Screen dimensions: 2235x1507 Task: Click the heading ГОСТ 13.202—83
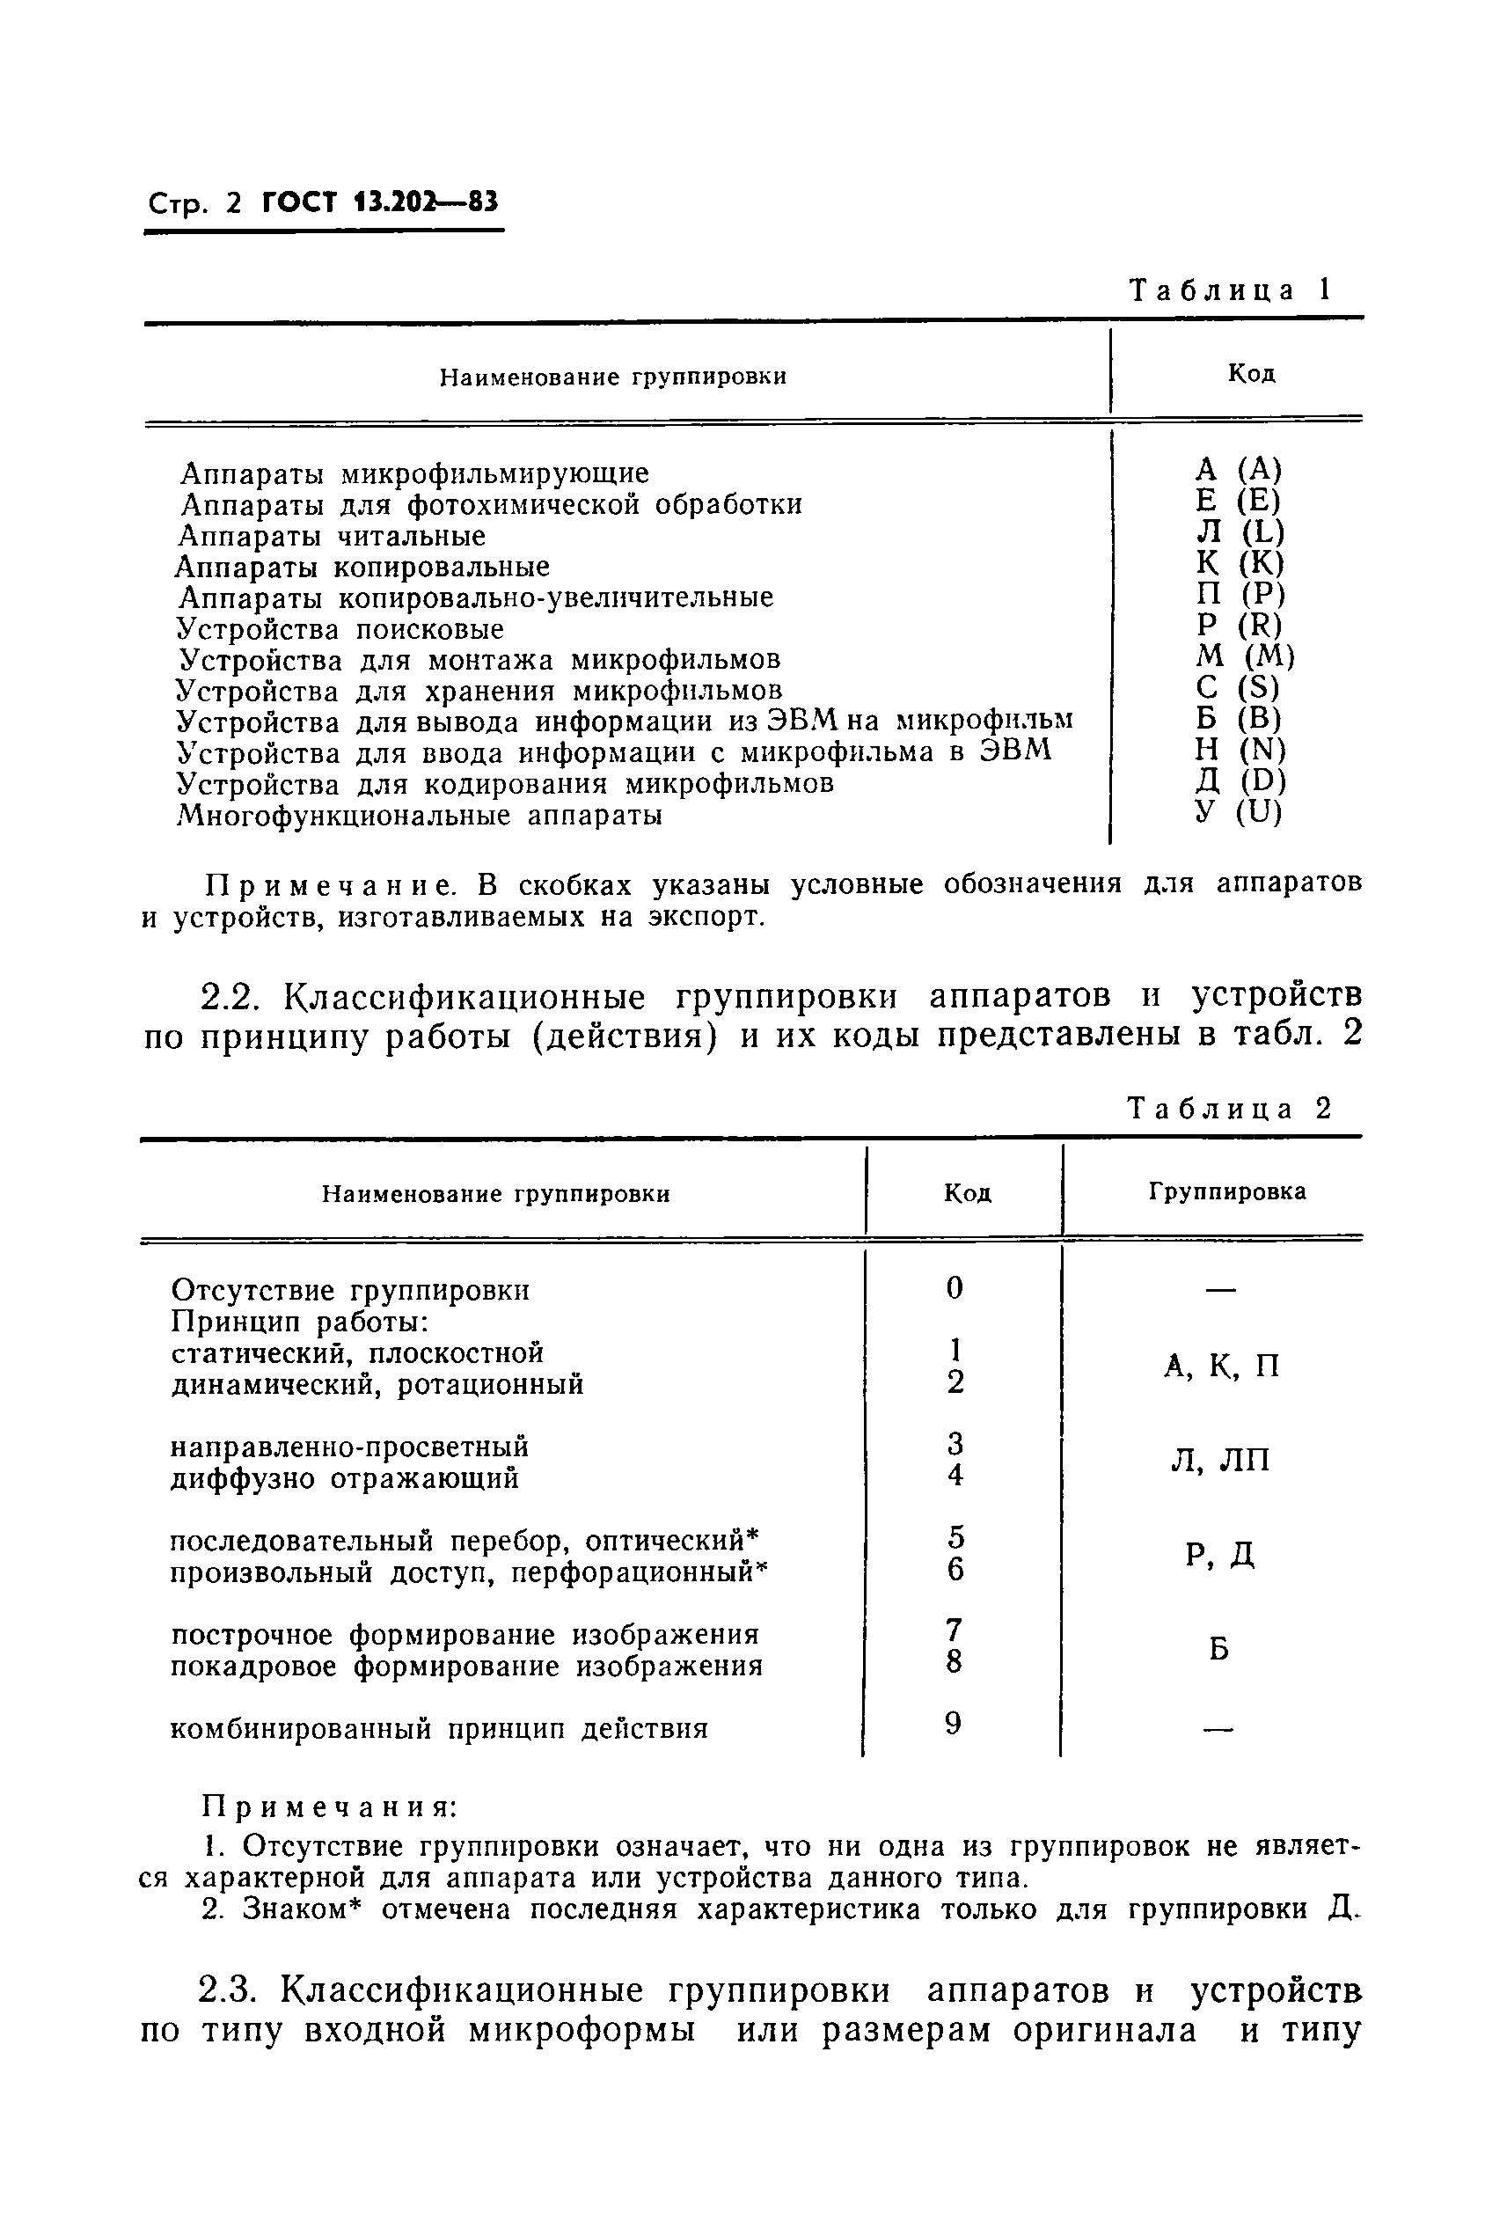(380, 203)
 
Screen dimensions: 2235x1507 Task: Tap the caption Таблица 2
(1229, 1109)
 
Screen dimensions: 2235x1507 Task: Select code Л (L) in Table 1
(1239, 531)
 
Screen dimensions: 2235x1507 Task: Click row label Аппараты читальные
(333, 536)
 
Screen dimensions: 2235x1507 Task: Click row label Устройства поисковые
(340, 630)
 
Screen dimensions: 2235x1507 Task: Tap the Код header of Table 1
(1250, 374)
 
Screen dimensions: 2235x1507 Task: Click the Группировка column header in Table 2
(1227, 1192)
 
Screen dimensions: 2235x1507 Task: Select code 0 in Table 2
(954, 1288)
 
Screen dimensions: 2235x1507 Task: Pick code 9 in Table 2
(953, 1725)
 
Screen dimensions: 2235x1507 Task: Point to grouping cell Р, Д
(1219, 1556)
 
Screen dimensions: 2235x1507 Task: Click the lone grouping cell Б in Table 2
(1218, 1650)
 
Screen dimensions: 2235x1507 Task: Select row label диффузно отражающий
(344, 1478)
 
